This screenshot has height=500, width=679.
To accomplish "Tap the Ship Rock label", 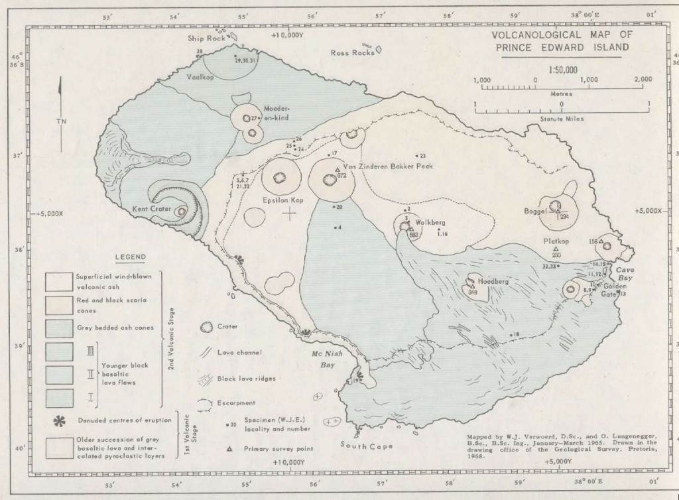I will [206, 38].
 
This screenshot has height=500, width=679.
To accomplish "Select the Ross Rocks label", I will [352, 52].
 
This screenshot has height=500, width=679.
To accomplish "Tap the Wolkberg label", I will [430, 222].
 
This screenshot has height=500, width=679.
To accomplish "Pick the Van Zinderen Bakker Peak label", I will [388, 166].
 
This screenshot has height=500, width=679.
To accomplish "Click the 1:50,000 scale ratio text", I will [562, 70].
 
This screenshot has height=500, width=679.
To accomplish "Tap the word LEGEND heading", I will [131, 257].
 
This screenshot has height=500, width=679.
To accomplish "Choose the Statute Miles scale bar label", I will [561, 121].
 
